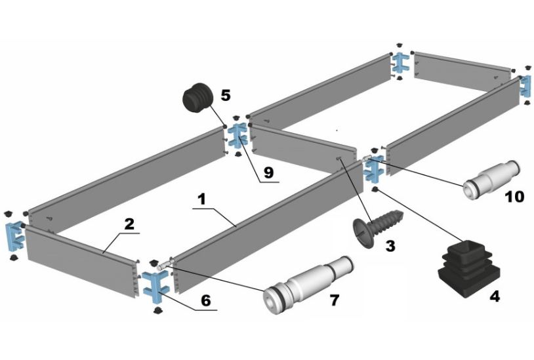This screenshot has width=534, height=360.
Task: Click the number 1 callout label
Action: tap(202, 197)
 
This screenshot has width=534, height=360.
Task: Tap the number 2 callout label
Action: tap(129, 224)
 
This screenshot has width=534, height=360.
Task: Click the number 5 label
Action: tap(226, 95)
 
